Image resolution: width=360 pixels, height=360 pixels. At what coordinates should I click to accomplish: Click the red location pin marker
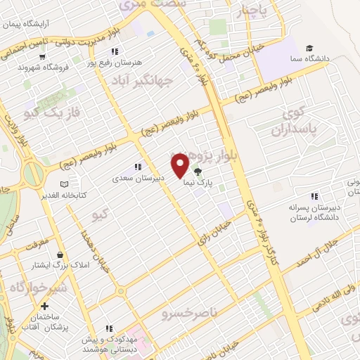tap(181, 165)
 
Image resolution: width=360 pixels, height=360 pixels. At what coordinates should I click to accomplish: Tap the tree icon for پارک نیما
tap(198, 170)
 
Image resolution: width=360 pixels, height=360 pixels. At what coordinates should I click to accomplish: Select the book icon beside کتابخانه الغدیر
tap(65, 184)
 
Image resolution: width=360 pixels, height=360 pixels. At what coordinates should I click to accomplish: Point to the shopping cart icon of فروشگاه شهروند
tap(44, 56)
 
